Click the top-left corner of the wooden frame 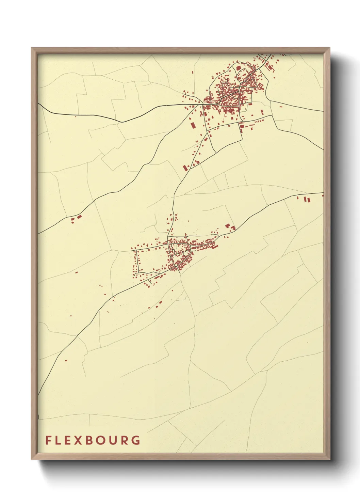tap(32, 48)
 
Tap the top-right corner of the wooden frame tap(329, 48)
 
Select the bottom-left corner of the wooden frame tap(32, 459)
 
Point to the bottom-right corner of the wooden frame tap(329, 459)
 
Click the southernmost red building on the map tap(66, 360)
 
